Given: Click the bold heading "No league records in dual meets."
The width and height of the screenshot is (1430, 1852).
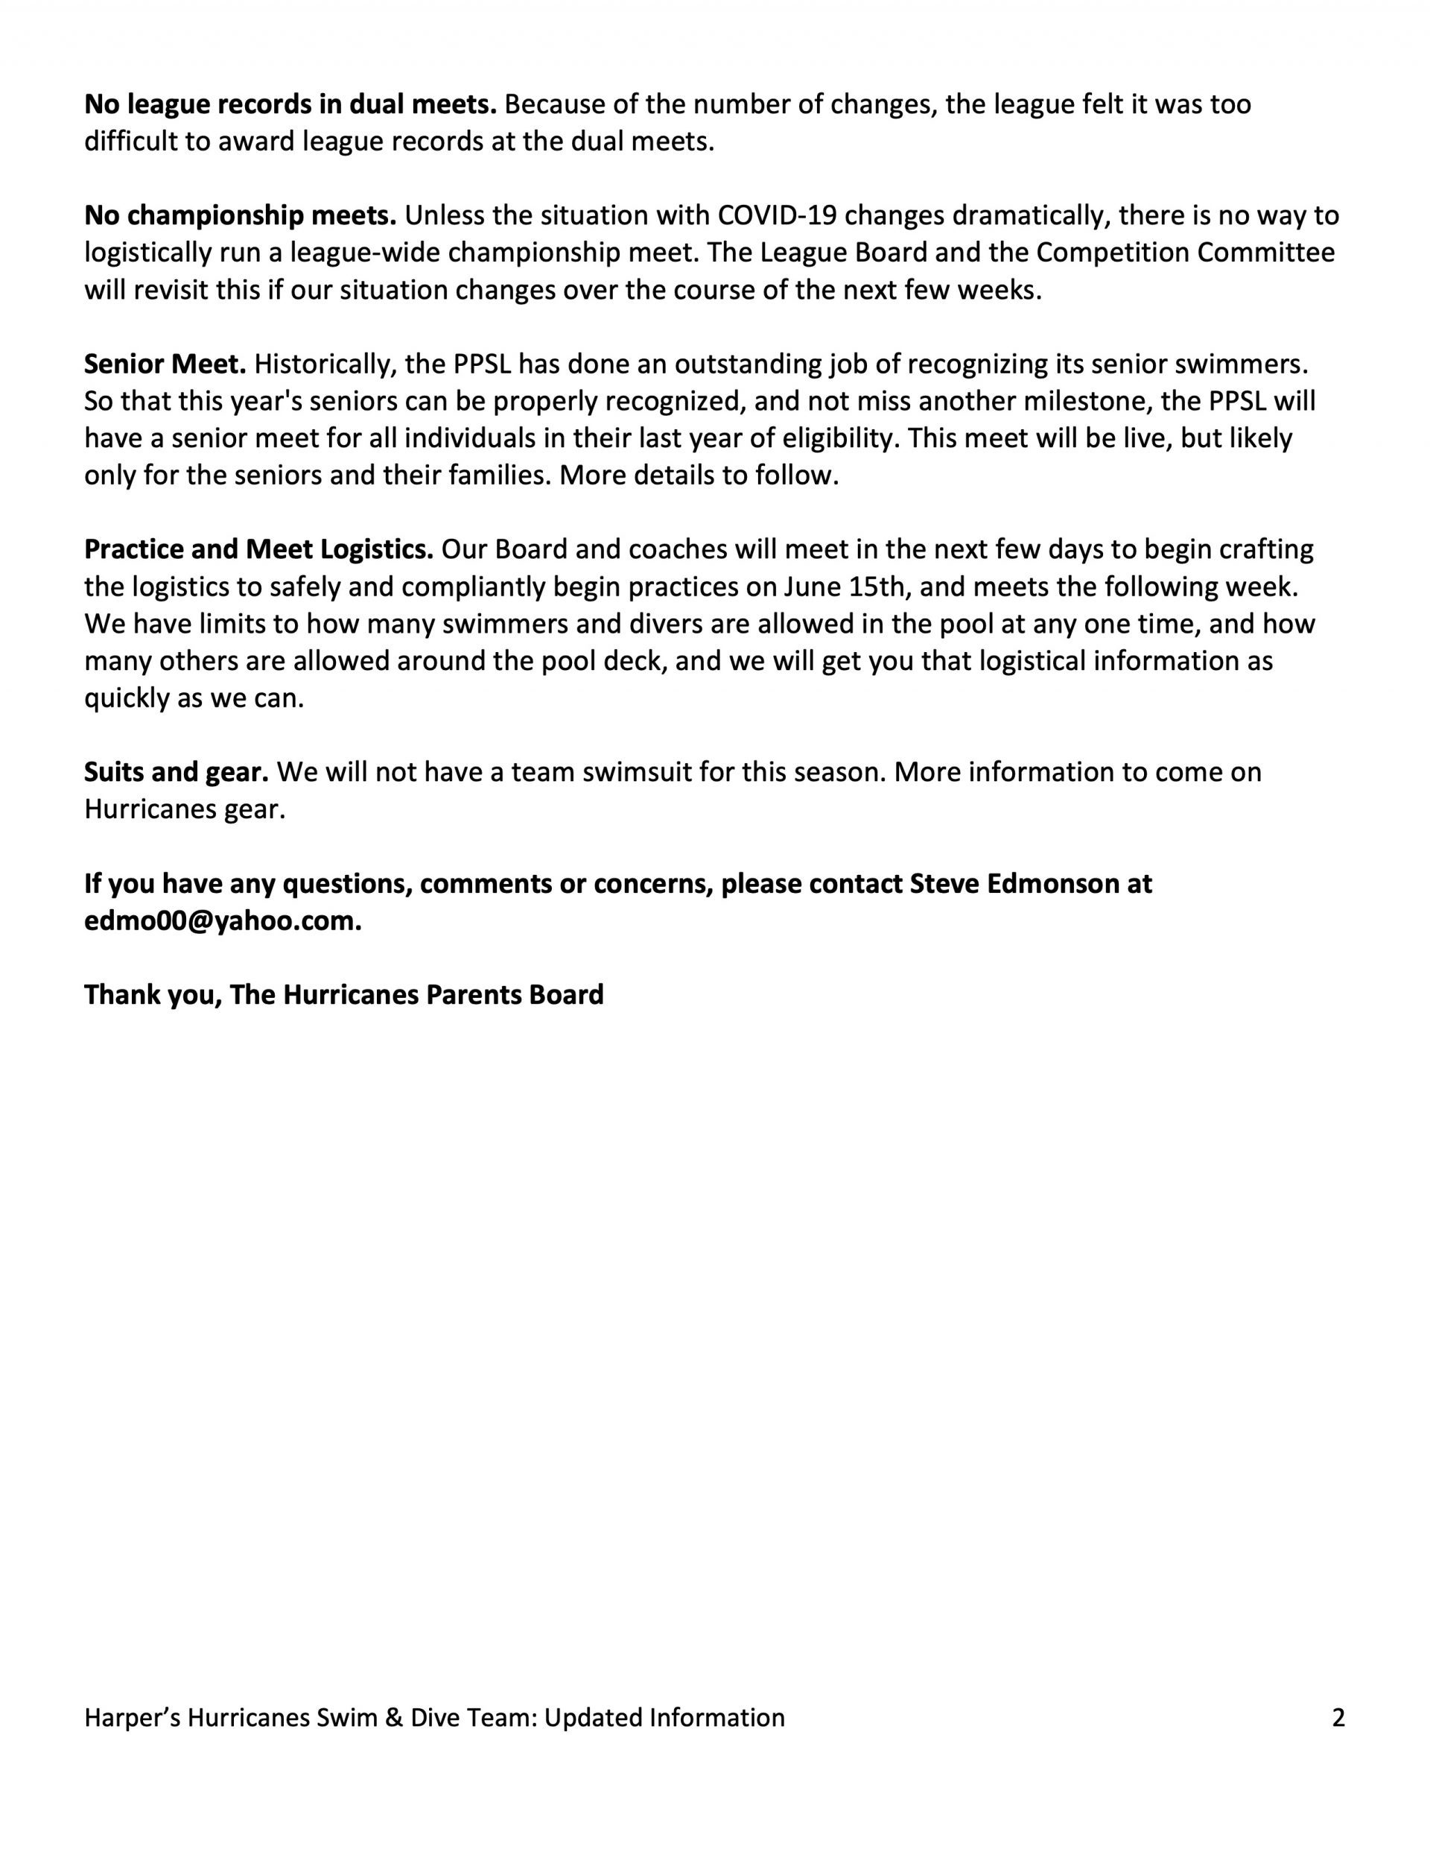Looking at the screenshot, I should click(290, 104).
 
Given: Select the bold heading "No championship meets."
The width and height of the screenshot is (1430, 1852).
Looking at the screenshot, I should click(240, 215).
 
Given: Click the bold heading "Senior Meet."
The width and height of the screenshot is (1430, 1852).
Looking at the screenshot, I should click(165, 364).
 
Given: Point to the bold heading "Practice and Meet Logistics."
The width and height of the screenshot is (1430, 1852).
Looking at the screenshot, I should click(258, 549).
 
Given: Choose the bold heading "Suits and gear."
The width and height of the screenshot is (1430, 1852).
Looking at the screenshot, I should click(177, 771).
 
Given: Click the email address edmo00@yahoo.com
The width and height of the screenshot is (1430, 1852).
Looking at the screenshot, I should click(222, 921).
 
